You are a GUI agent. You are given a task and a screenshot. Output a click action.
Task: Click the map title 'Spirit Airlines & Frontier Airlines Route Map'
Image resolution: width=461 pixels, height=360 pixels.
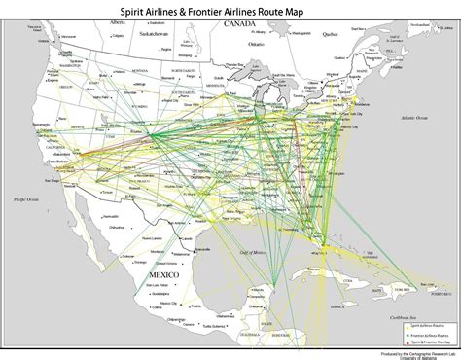[230, 9]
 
